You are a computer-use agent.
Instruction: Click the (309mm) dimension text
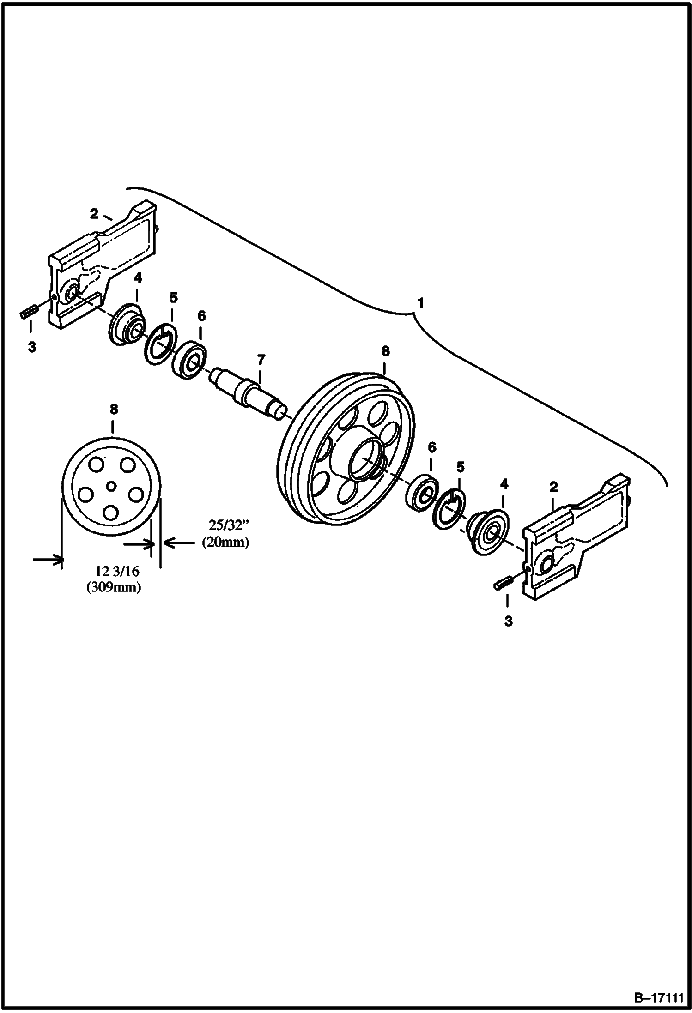click(x=114, y=587)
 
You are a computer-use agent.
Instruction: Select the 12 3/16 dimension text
click(x=117, y=571)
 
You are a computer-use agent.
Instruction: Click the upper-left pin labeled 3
click(x=28, y=313)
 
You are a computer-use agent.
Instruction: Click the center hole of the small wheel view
click(x=111, y=485)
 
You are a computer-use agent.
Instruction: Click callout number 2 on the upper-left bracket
click(x=95, y=214)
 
